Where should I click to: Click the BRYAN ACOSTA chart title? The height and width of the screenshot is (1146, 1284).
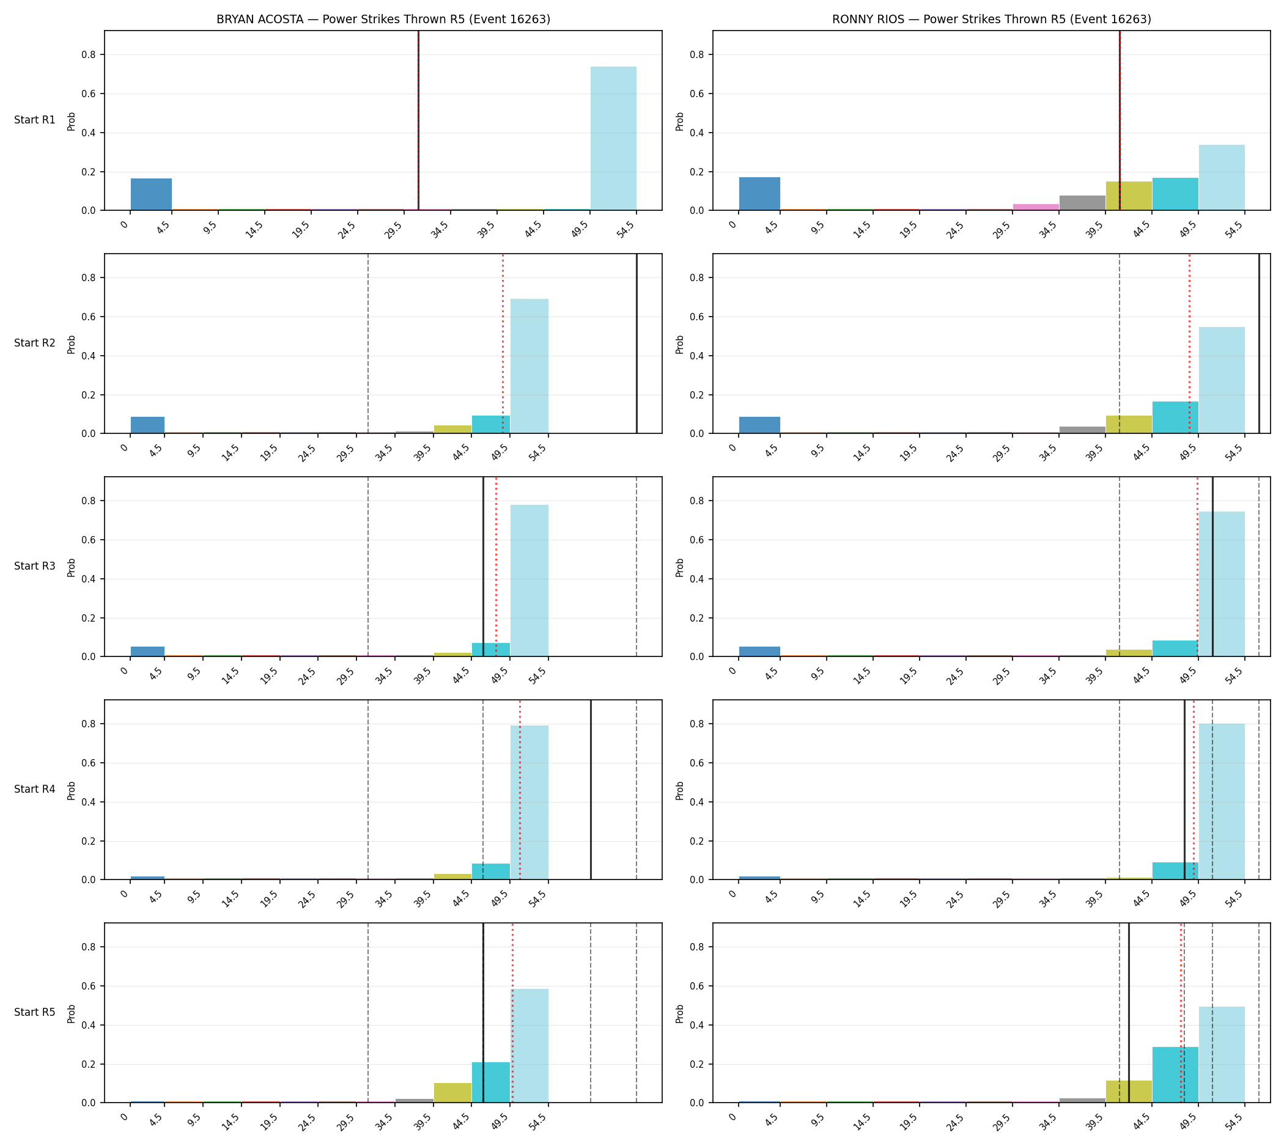[x=383, y=20]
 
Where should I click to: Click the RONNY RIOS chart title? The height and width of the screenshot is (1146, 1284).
[x=991, y=20]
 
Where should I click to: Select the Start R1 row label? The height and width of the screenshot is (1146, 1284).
[x=35, y=120]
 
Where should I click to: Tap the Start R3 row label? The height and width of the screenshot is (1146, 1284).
[x=35, y=567]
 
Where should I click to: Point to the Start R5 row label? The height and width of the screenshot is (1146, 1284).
[x=35, y=1013]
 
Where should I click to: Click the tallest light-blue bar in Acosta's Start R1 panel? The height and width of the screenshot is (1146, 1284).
[x=613, y=139]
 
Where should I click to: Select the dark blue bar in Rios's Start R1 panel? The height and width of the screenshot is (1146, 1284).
[x=759, y=194]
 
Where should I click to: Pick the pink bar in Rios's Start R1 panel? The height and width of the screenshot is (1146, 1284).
[x=1035, y=207]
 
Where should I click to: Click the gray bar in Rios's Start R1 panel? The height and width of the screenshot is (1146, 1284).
[x=1082, y=203]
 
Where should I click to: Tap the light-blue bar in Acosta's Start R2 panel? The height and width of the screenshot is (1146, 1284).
[x=529, y=367]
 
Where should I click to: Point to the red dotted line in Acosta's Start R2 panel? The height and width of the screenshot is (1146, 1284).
[x=503, y=343]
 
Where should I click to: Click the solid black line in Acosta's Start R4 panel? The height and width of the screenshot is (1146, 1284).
[x=591, y=790]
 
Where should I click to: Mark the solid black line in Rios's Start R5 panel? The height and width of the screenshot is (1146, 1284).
[x=1128, y=1013]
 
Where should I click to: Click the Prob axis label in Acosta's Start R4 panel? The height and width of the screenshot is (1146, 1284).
[x=71, y=790]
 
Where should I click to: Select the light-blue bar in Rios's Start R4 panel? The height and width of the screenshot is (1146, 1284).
[x=1222, y=801]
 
